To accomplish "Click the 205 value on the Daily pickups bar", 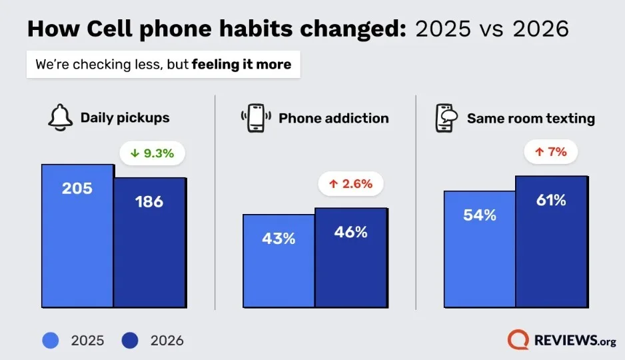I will [77, 189].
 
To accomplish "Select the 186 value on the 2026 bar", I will [149, 201].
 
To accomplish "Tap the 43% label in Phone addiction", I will [279, 238].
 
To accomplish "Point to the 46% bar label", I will [350, 232].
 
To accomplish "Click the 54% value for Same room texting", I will [480, 215].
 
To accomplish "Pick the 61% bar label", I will [551, 200].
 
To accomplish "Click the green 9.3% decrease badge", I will [152, 153].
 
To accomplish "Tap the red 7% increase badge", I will [550, 152].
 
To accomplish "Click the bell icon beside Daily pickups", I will [60, 119].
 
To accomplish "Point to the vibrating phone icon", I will [256, 119].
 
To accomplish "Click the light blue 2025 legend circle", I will [52, 341].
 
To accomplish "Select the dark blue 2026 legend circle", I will [131, 341].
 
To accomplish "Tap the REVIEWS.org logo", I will [561, 340].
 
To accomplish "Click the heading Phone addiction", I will [333, 119].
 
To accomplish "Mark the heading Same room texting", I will [530, 119].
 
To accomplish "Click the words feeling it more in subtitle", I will [241, 65].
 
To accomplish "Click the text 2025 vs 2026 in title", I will [492, 29].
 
